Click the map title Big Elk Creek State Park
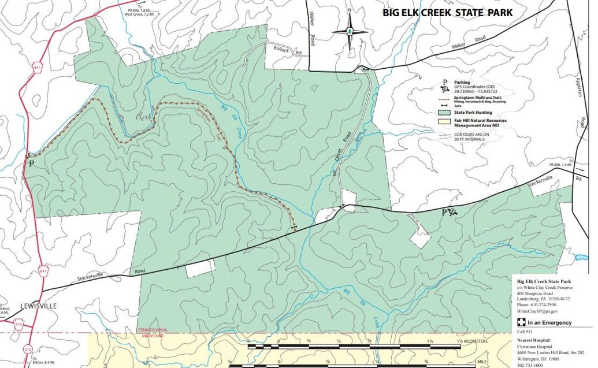(x=447, y=13)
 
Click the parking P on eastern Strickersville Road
(x=444, y=213)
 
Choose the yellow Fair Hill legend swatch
(x=444, y=121)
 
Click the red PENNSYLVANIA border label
(x=152, y=330)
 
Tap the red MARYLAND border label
(x=151, y=336)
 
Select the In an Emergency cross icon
(x=521, y=322)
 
